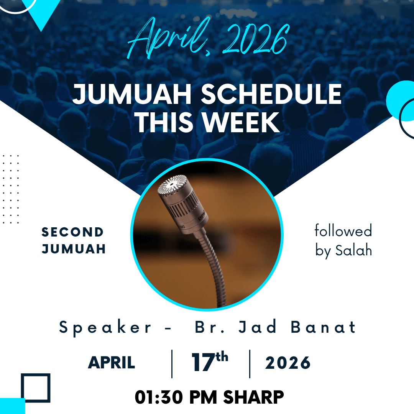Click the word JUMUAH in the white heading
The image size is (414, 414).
tap(132, 94)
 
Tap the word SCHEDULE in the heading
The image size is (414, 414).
tap(271, 94)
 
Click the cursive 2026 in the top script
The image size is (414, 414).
tap(255, 39)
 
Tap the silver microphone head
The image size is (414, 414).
tap(182, 203)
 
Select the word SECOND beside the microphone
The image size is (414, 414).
tap(72, 232)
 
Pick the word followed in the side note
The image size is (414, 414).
tap(343, 230)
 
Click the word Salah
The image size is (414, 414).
tap(353, 250)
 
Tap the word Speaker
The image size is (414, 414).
tap(105, 328)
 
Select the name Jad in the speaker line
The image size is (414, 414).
tap(258, 327)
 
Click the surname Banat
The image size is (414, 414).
tap(323, 327)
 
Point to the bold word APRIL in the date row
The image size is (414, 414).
tap(112, 363)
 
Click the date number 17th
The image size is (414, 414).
tap(210, 361)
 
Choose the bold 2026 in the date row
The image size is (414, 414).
tap(288, 363)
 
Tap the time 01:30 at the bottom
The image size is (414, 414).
tap(159, 397)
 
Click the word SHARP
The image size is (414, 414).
tap(253, 397)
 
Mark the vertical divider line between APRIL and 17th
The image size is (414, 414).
tap(172, 364)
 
